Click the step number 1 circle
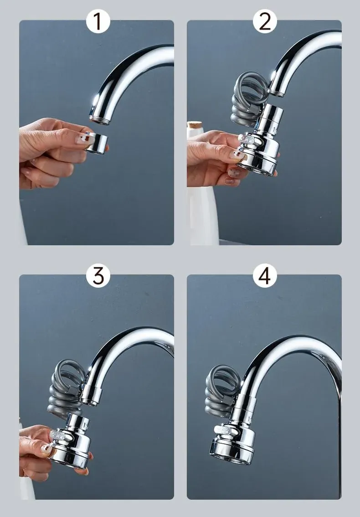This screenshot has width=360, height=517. coord(98,21)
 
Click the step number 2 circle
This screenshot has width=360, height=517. coord(265,21)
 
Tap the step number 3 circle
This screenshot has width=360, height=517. coord(98,275)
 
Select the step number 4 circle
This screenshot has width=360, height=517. coord(265,275)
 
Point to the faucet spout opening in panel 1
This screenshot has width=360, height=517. coord(99,120)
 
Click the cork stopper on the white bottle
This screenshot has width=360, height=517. coord(195,125)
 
